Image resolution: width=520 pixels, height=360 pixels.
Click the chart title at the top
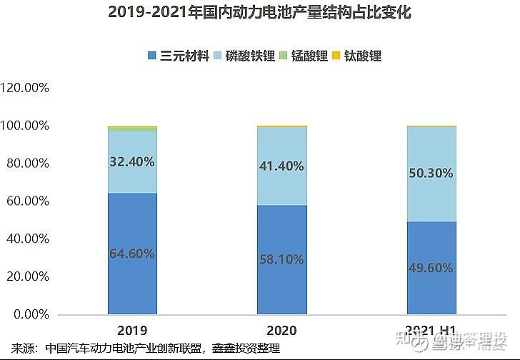coord(260,13)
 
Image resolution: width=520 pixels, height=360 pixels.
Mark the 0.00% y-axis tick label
coord(31,314)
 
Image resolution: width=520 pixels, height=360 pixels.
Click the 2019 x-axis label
coord(132,331)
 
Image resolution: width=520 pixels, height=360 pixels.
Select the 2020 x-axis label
coord(282,331)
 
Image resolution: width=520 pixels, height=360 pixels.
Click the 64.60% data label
coord(132,253)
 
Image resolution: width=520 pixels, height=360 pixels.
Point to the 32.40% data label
coord(132,161)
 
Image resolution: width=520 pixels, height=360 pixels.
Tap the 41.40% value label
coord(282,166)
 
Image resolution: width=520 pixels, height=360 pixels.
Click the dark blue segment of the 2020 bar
coord(282,286)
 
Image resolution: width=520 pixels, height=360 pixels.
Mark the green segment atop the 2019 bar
coord(132,129)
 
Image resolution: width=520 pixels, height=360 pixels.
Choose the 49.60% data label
coord(432,268)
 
